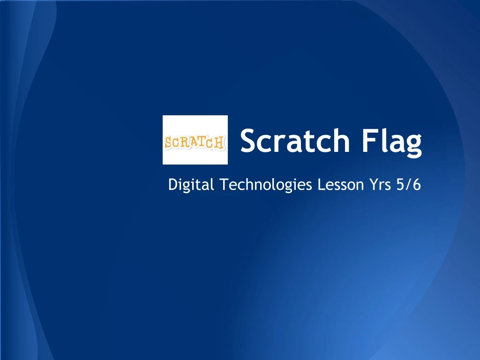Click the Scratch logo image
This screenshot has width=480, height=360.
[x=195, y=140]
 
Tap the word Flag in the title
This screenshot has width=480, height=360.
[x=391, y=141]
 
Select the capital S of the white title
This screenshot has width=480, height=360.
[x=249, y=141]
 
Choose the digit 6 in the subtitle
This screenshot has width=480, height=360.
[x=416, y=185]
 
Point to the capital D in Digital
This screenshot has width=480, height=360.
[x=172, y=185]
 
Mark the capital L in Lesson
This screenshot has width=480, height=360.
[x=321, y=185]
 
